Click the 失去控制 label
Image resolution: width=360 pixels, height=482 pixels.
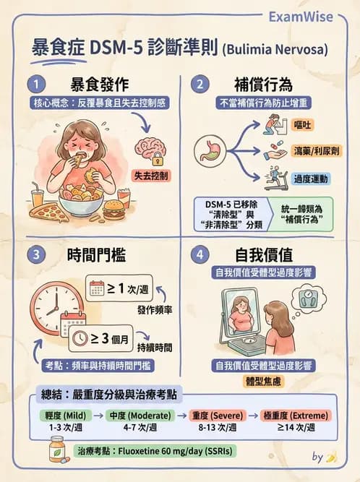click(151, 175)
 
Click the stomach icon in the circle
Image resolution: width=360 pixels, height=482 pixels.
click(211, 150)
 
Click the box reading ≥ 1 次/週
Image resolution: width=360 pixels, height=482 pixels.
click(119, 287)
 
